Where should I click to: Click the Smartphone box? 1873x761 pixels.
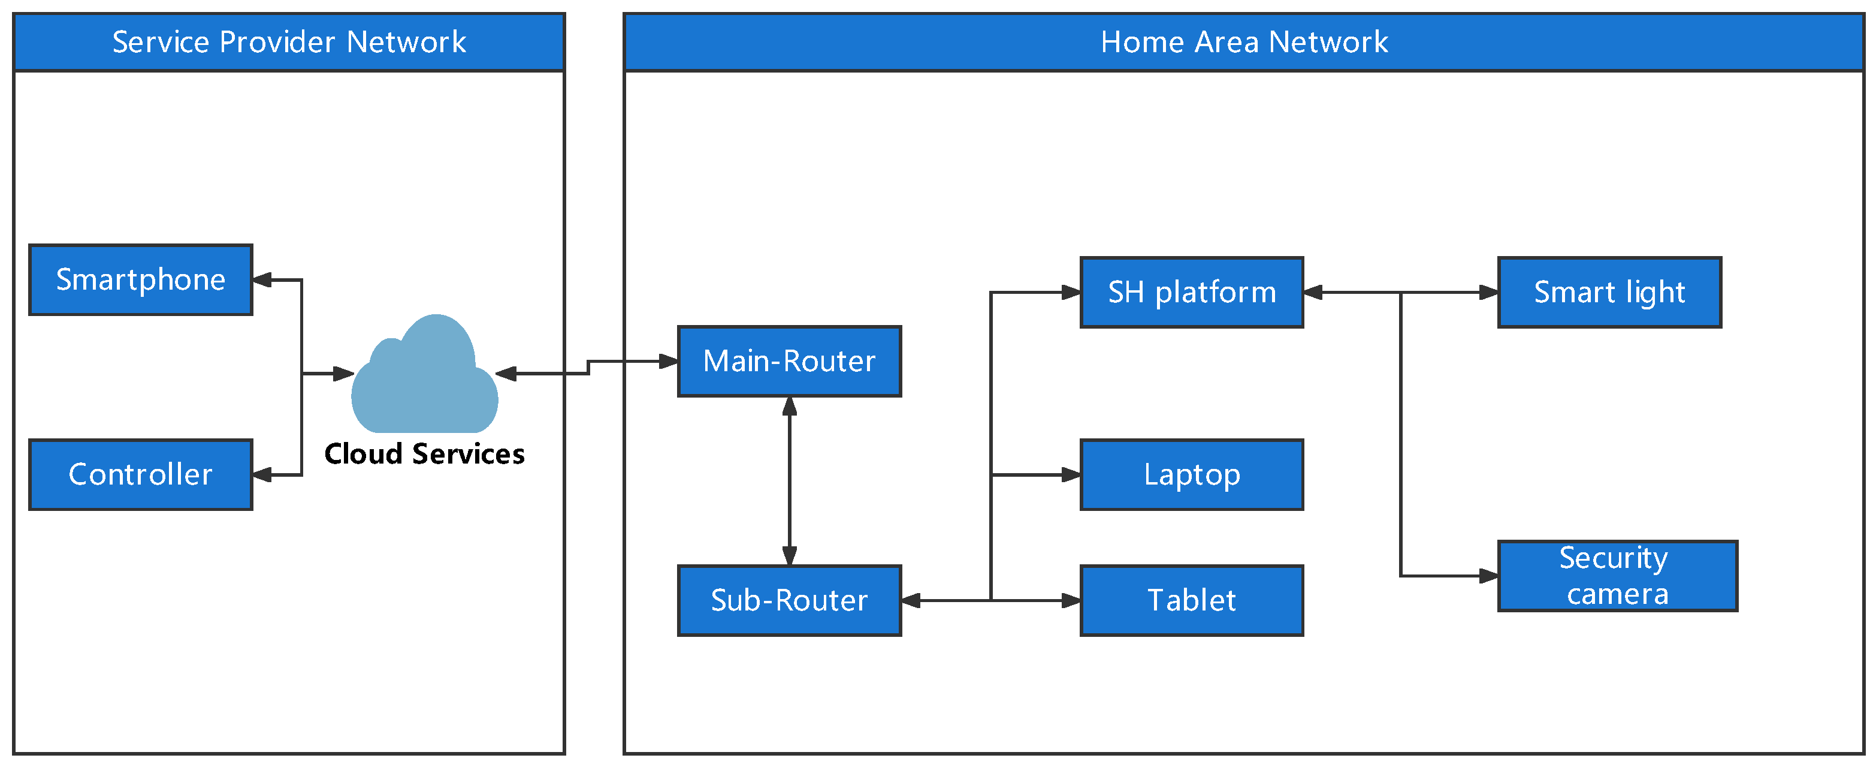[140, 279]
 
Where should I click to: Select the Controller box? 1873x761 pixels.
[140, 474]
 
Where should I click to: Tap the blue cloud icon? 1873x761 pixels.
[425, 378]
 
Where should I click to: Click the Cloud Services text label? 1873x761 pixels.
[425, 454]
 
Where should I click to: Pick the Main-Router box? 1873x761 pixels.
[789, 361]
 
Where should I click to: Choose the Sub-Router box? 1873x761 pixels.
[789, 600]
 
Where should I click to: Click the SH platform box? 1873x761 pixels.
[1191, 291]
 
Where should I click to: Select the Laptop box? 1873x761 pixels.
[1191, 474]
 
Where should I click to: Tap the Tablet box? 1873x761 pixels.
[1191, 600]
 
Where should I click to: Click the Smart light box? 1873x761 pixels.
[1609, 291]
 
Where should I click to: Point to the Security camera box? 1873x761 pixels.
[1617, 576]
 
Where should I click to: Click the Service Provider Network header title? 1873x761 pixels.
[289, 41]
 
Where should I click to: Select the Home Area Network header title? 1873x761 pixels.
[1243, 41]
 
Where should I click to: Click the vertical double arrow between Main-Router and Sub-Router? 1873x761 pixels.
[789, 480]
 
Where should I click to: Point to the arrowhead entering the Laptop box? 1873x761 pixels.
[1070, 474]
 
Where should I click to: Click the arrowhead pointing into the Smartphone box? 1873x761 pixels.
[262, 279]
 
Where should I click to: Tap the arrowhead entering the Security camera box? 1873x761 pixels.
[1488, 576]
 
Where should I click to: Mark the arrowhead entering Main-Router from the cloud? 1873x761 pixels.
[668, 361]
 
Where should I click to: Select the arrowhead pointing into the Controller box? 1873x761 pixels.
[262, 474]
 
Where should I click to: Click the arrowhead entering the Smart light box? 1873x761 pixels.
[1488, 291]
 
